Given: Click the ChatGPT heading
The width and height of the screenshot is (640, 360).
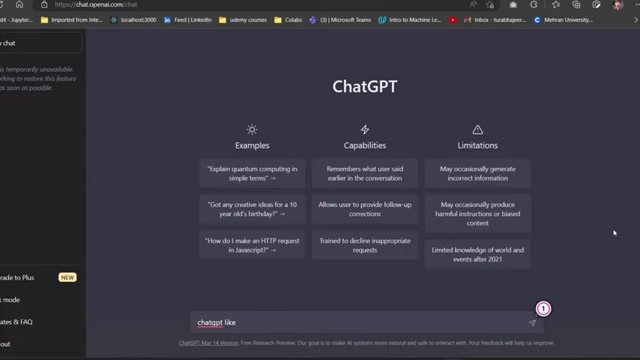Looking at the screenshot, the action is click(x=364, y=86).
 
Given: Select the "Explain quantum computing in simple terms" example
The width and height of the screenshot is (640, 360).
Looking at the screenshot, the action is click(x=252, y=173).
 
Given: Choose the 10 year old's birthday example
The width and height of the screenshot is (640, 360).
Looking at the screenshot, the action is click(x=252, y=208).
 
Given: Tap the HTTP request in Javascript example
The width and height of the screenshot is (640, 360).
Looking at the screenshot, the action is click(x=252, y=244).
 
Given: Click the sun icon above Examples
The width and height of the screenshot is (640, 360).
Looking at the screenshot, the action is click(x=252, y=130).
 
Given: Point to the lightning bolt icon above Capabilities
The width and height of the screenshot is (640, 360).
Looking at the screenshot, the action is click(x=365, y=130).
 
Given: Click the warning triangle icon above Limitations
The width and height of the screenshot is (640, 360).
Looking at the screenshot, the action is click(x=477, y=130).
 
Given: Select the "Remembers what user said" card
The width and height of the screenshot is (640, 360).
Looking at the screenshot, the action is click(x=365, y=173).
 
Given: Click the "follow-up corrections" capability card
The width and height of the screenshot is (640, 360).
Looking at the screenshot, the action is click(x=365, y=208).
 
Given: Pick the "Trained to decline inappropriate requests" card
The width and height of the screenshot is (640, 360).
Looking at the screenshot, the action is click(x=365, y=244).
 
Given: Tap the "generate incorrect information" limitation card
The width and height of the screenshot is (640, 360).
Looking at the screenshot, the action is click(x=477, y=173).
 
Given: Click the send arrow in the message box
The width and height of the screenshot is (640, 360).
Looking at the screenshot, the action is click(x=532, y=322).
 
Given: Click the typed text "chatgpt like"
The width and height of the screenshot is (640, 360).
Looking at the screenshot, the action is click(x=216, y=322).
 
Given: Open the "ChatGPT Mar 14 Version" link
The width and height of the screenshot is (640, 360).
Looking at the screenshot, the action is click(x=209, y=342).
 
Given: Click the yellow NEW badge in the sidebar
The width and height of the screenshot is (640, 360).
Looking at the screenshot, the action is click(x=67, y=277).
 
